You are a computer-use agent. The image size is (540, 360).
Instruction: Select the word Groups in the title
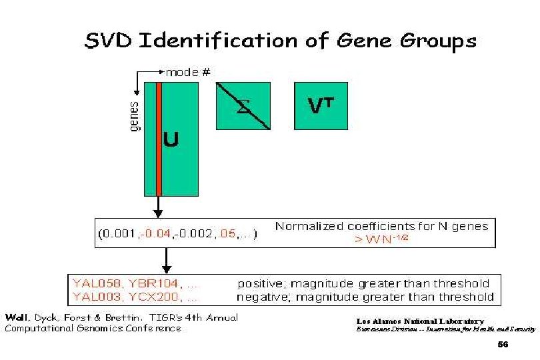click(x=437, y=41)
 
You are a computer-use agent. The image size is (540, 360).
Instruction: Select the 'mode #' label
click(x=188, y=71)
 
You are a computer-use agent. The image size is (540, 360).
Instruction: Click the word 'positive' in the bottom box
click(x=262, y=284)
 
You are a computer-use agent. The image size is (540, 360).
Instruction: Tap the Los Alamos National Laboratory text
click(x=420, y=321)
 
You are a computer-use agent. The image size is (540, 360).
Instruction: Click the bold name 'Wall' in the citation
click(x=17, y=317)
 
